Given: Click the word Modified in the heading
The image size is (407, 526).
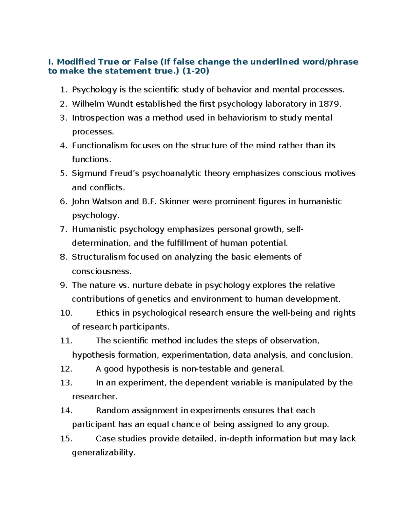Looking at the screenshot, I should point(76,62).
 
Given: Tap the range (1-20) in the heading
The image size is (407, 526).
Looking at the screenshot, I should point(196,71).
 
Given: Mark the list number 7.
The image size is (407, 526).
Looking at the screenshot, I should point(63,229).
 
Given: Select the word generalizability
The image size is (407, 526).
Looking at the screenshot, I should point(103,453).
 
